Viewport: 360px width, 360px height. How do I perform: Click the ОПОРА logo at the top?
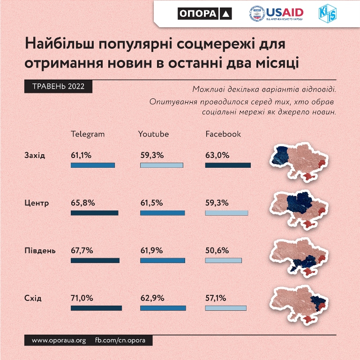click(x=204, y=14)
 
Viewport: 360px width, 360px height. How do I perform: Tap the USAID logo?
click(x=276, y=14)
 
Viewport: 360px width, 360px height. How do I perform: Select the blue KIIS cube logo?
click(x=328, y=13)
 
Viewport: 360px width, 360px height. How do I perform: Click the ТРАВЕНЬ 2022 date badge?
click(x=58, y=87)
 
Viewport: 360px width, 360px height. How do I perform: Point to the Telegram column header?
click(x=88, y=134)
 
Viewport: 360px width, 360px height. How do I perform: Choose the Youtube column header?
click(x=153, y=134)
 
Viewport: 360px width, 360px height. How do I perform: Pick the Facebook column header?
click(x=223, y=134)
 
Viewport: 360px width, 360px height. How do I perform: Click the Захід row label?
click(x=35, y=156)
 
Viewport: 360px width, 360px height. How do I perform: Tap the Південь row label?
click(x=40, y=250)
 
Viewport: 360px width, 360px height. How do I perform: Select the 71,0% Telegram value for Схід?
click(x=82, y=298)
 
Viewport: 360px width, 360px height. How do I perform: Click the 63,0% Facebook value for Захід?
click(x=217, y=155)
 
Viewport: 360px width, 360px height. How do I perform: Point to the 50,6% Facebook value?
click(x=217, y=250)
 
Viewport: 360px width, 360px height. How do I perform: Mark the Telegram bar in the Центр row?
click(x=94, y=213)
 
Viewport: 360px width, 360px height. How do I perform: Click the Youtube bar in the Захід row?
click(x=162, y=165)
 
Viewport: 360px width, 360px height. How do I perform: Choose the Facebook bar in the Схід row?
click(x=225, y=308)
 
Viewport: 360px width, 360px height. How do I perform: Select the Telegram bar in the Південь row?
click(x=95, y=260)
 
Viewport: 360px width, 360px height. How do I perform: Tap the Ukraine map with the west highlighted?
click(x=299, y=162)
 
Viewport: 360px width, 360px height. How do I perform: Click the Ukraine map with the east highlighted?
click(x=299, y=305)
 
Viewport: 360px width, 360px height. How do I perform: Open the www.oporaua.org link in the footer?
click(x=59, y=340)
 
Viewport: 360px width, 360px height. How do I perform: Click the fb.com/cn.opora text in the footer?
click(x=120, y=340)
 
